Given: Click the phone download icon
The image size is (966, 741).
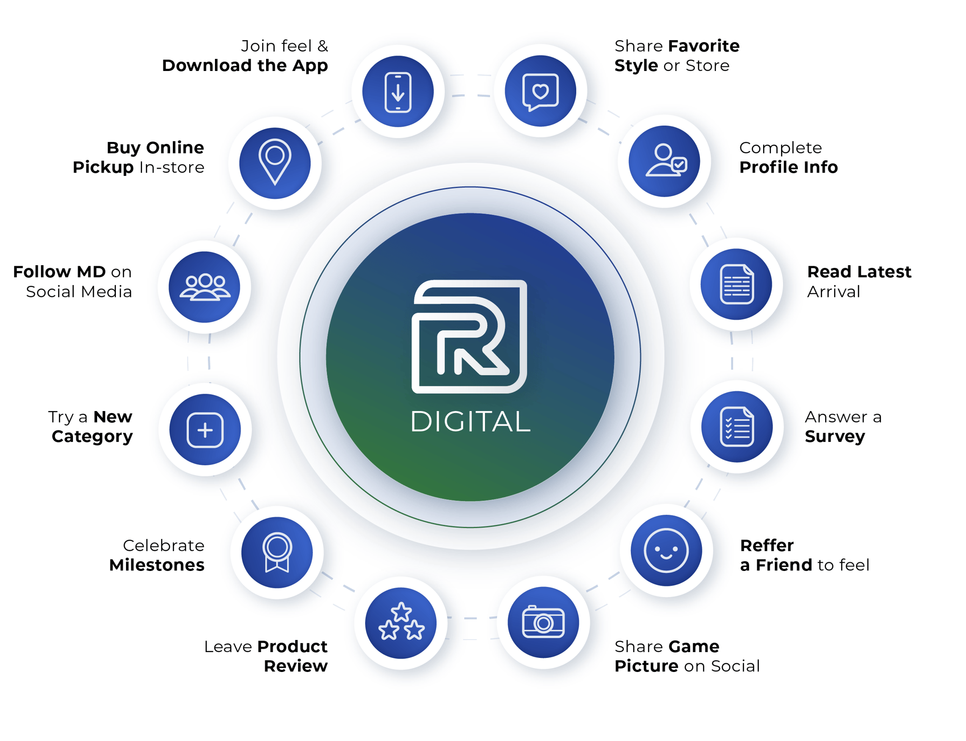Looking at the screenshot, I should [x=398, y=92].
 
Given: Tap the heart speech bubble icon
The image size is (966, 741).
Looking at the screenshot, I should [x=540, y=91].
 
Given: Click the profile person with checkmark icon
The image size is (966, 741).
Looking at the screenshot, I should [x=665, y=161].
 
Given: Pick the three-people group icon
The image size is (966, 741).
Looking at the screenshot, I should [x=205, y=287].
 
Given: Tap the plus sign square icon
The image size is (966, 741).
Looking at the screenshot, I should [x=205, y=430].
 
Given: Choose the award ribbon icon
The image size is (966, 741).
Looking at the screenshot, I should [x=277, y=552].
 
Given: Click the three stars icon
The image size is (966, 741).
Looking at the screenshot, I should [x=401, y=623].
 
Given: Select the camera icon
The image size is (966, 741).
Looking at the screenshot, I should [x=543, y=622].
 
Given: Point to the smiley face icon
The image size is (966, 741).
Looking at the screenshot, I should [x=666, y=551].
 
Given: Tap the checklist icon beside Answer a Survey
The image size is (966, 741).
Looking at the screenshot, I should [x=737, y=427].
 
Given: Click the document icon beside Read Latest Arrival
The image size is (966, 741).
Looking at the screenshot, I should [x=736, y=284].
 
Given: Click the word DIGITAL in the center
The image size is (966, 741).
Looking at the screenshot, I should [x=470, y=421].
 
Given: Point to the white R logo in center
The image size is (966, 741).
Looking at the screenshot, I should [x=469, y=336].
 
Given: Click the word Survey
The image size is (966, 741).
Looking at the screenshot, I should [x=835, y=437].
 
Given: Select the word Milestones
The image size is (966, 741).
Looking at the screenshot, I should [x=157, y=565].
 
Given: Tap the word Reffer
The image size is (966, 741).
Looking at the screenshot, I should [x=767, y=545].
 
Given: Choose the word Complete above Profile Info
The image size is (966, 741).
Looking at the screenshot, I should [x=780, y=148].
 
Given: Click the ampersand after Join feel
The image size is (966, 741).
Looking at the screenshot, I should [x=323, y=46].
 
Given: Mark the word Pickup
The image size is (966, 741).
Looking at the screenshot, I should [x=103, y=168].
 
